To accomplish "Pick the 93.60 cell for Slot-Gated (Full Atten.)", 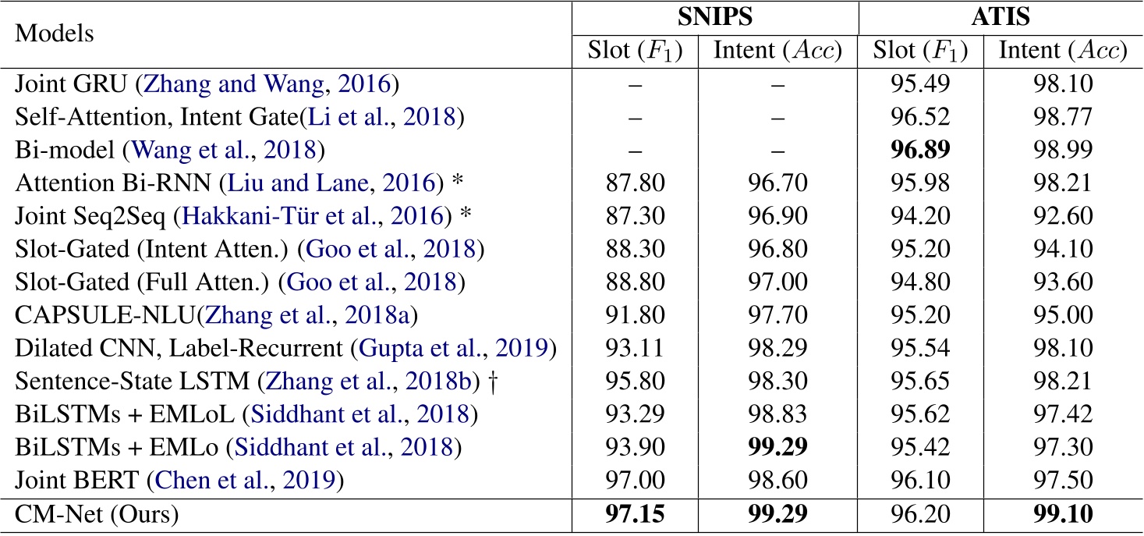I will (1063, 279).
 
